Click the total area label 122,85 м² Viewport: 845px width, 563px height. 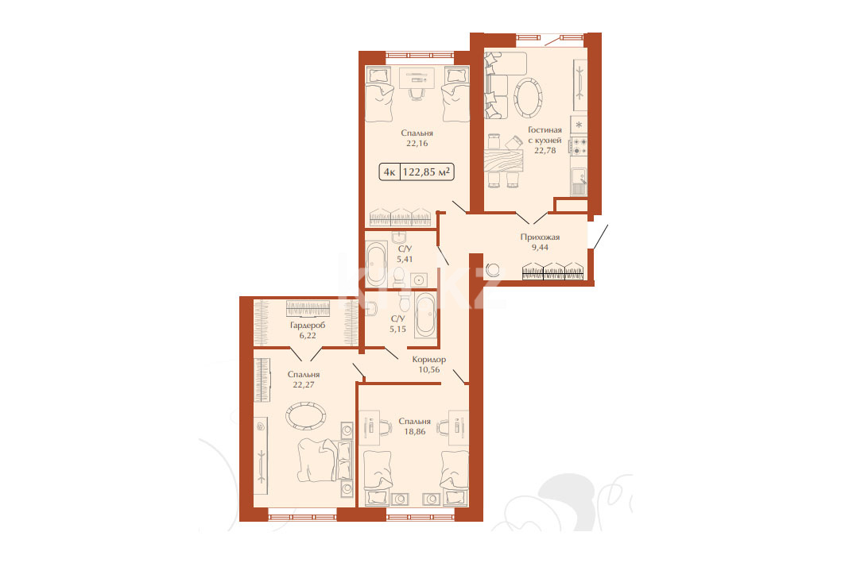point(426,172)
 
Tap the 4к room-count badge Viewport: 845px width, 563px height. point(389,172)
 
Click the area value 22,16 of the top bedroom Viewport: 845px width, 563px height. point(417,143)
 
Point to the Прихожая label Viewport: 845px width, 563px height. point(540,237)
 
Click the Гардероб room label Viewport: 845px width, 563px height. point(308,325)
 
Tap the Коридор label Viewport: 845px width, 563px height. point(429,360)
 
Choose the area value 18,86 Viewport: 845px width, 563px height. point(414,431)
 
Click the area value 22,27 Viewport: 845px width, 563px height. point(304,384)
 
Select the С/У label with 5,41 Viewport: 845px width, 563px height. point(405,249)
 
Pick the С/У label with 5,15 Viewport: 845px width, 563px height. point(397,318)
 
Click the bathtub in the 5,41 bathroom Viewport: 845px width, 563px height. point(376,264)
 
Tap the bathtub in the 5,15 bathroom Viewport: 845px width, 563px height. point(425,315)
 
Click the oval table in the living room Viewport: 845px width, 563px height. point(528,98)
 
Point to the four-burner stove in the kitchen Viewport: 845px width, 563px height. point(579,146)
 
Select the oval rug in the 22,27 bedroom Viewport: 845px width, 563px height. point(305,416)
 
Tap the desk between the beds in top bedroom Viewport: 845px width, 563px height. point(417,78)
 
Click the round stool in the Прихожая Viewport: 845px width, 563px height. point(493,270)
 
